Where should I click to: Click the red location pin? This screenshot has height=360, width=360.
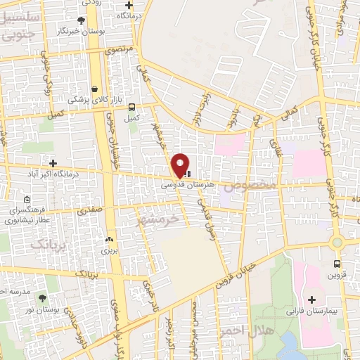[181, 165]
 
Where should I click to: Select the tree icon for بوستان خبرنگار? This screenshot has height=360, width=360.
[81, 20]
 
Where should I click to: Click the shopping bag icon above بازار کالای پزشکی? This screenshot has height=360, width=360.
[86, 88]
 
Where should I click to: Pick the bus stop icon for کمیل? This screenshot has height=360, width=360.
[131, 107]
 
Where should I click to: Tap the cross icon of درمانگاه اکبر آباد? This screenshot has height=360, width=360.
[51, 164]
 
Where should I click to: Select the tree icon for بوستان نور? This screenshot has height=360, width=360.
[42, 299]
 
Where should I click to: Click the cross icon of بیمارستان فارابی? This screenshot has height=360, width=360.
[311, 300]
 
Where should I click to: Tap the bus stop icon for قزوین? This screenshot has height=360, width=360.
[337, 264]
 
